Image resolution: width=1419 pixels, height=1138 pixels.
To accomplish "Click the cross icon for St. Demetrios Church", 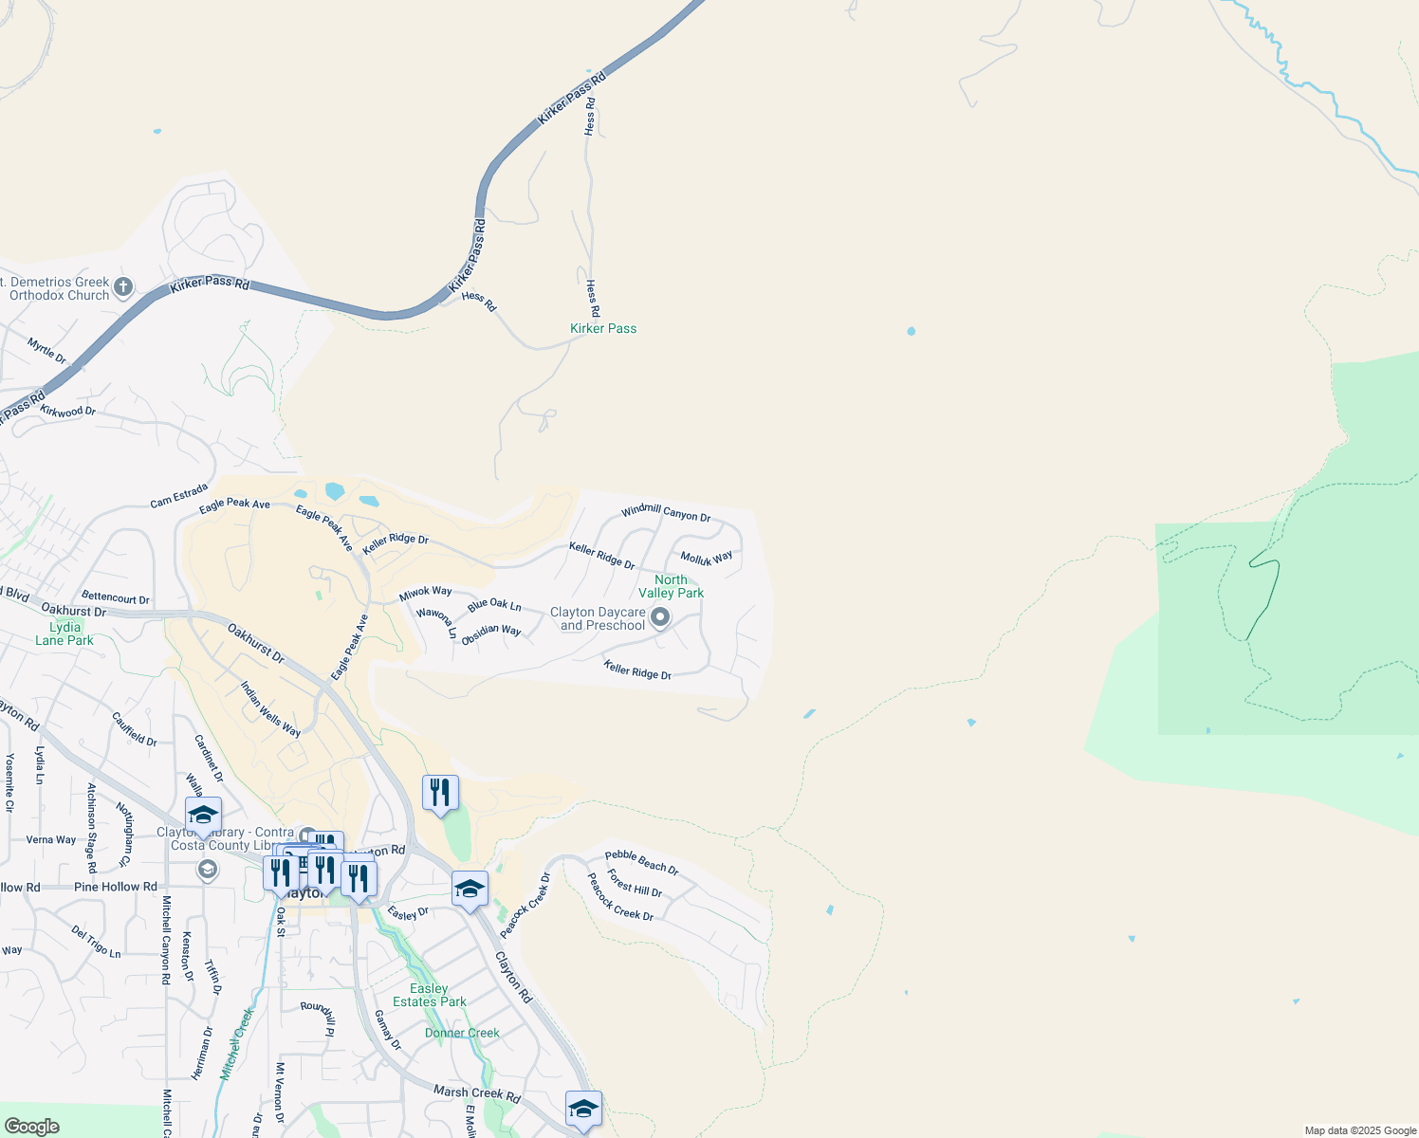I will [123, 286].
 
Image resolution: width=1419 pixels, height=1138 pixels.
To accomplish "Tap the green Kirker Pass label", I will [603, 328].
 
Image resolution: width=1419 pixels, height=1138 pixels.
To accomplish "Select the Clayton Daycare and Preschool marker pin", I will [660, 618].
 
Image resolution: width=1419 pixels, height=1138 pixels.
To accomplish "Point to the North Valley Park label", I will [671, 586].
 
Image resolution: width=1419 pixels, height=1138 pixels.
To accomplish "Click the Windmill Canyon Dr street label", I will [666, 513].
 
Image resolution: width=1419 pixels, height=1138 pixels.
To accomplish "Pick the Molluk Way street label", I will [706, 558].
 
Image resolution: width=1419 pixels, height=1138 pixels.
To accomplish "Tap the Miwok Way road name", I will [425, 593].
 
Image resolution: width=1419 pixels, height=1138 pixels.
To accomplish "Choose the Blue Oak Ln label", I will [494, 604].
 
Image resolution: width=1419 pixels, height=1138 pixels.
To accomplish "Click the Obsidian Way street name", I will [491, 634].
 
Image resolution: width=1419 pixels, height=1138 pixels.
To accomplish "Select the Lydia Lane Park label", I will [64, 633].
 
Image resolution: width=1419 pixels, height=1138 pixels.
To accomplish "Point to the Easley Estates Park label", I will [430, 995].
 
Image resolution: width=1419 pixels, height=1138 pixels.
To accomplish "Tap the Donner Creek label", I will [462, 1033].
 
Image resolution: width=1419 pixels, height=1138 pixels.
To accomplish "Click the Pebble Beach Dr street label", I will [642, 862].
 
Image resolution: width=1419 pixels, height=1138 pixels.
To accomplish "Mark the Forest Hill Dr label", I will [635, 883].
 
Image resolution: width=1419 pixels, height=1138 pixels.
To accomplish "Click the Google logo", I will [31, 1127].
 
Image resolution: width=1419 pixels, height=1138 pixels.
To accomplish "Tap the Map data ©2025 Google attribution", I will [1360, 1130].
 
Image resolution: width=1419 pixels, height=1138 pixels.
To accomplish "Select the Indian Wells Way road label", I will [270, 709].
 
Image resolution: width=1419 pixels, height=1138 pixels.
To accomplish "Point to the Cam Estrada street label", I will [178, 495].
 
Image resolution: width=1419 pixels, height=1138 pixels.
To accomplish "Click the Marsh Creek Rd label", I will [477, 1093].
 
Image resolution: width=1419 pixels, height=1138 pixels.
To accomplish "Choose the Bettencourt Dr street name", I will [116, 597].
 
